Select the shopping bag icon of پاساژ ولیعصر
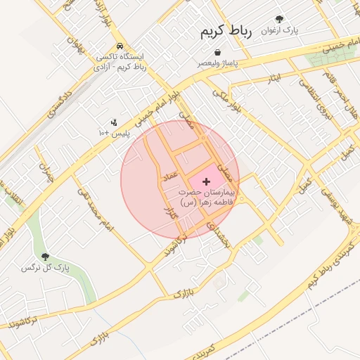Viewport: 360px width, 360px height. pos(217,52)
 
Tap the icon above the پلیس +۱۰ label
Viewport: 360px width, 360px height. pos(114,122)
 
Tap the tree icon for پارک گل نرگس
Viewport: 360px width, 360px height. pos(46,257)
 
